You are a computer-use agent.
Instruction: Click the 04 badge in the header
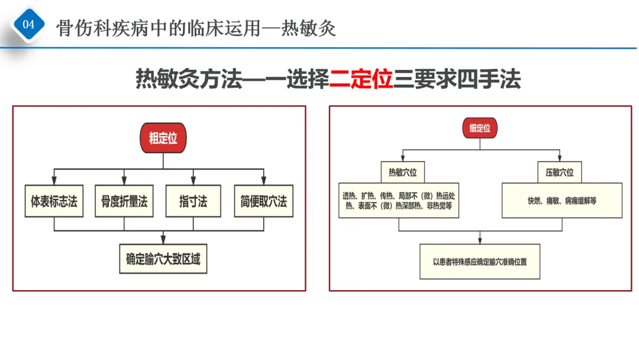point(28,25)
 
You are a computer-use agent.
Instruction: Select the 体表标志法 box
point(54,201)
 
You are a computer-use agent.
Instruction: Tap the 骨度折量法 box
point(124,201)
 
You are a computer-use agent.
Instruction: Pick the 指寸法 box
point(193,201)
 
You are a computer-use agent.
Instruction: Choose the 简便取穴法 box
point(263,201)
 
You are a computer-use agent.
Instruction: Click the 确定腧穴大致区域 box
point(163,259)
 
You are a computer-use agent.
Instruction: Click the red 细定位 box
point(480,128)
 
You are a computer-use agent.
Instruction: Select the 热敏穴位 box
point(402,172)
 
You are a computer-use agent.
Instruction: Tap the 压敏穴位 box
point(559,172)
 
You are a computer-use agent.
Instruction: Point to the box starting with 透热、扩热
point(400,201)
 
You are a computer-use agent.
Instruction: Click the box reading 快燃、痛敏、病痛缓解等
point(562,201)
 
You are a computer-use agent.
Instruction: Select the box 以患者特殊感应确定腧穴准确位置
point(480,261)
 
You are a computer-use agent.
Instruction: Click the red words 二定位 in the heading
point(362,79)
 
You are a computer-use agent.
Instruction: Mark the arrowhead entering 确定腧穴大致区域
point(163,240)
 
